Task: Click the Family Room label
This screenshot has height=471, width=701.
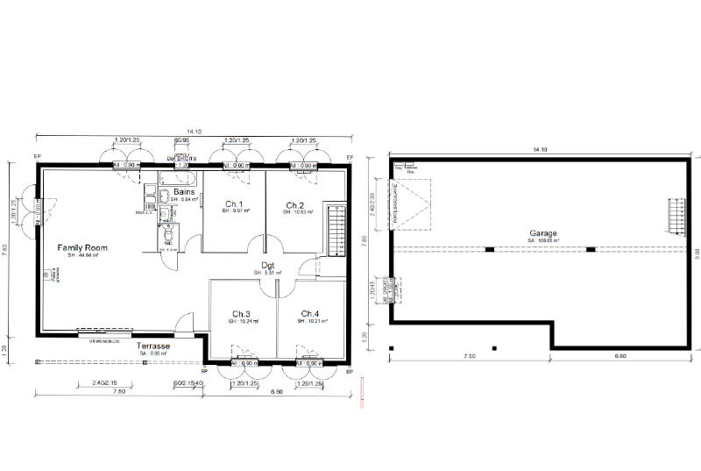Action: (x=82, y=248)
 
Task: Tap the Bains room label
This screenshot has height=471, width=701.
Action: (x=184, y=191)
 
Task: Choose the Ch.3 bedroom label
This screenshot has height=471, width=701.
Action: (x=241, y=314)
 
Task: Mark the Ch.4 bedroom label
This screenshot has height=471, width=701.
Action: (x=310, y=314)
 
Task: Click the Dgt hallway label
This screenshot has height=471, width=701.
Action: (x=269, y=265)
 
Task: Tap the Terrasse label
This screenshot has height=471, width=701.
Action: (x=153, y=346)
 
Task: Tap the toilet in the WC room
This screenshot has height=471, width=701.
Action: (x=168, y=235)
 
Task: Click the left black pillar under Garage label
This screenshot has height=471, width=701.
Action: (x=490, y=250)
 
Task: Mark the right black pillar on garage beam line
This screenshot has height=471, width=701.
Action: (x=591, y=250)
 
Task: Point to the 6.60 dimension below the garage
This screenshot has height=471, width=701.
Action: (x=620, y=356)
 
